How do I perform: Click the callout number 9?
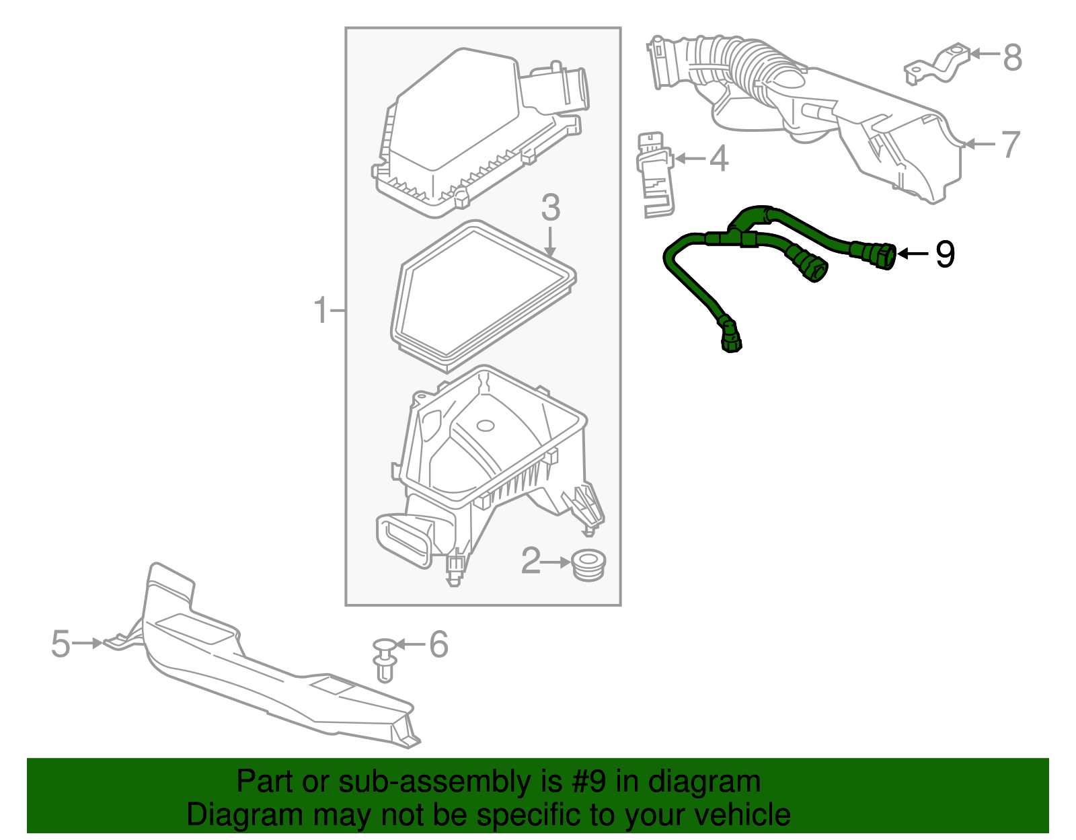[x=945, y=254]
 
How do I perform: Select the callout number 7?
[x=1011, y=145]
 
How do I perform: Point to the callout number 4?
[x=719, y=159]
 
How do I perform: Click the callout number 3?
[x=550, y=208]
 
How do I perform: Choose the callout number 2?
[x=531, y=561]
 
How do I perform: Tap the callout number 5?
[x=61, y=644]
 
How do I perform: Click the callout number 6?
[x=438, y=644]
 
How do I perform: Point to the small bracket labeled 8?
[x=937, y=64]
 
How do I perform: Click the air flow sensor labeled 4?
[x=655, y=175]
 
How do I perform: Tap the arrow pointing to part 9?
[x=913, y=254]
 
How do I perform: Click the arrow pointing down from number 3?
[x=550, y=241]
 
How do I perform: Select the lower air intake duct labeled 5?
[x=269, y=679]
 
